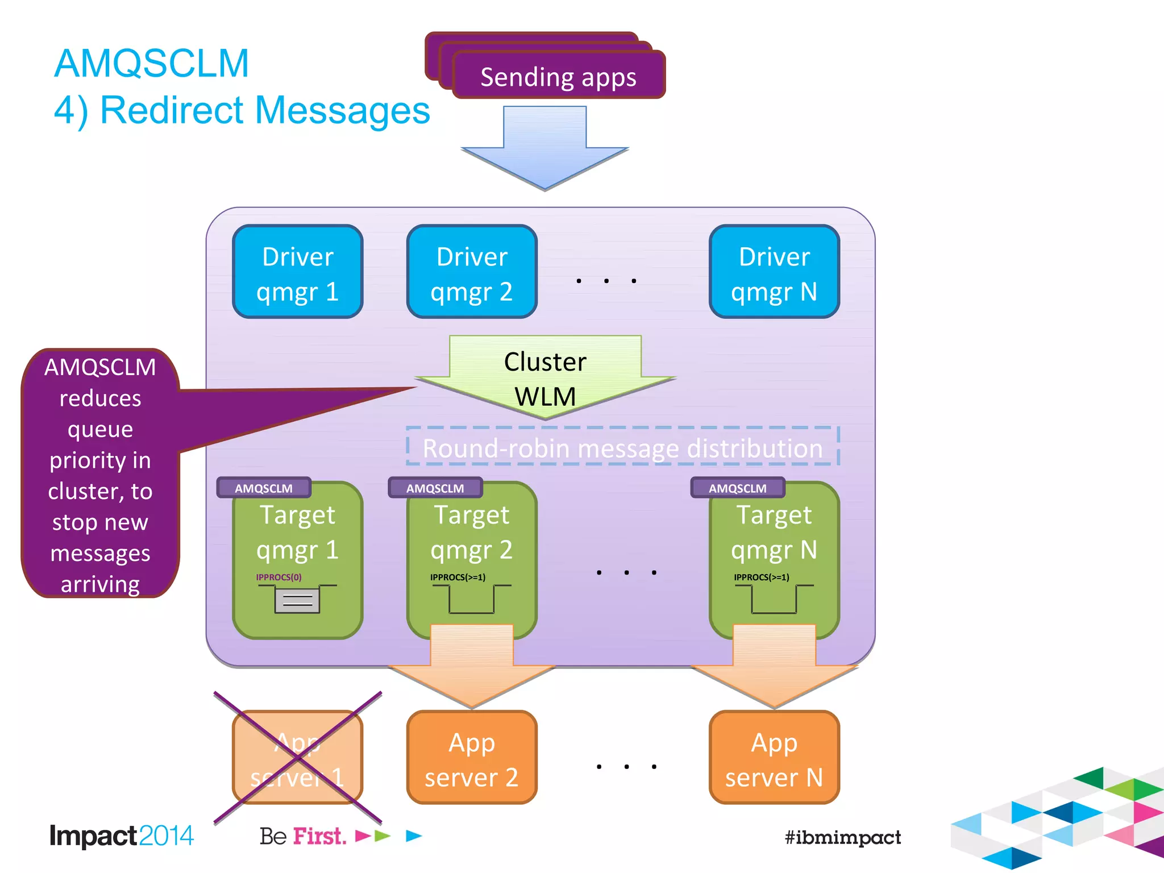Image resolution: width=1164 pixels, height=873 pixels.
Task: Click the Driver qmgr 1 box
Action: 297,272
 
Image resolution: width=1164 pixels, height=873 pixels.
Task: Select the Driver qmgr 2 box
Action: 472,272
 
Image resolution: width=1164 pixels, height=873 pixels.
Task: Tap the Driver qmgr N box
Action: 774,272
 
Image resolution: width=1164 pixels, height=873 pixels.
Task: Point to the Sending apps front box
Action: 558,76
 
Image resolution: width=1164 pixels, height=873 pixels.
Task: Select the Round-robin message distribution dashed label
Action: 622,448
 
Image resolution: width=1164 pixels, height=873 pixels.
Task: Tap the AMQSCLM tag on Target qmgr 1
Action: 264,488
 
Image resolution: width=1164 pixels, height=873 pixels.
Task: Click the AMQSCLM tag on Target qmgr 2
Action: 435,488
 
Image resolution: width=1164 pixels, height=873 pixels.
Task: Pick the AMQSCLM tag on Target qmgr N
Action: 738,488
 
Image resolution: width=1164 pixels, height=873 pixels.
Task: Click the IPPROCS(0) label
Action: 278,577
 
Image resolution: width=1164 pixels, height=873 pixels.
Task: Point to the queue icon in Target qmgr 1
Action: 297,600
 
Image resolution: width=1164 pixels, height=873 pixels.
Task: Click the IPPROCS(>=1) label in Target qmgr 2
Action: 458,577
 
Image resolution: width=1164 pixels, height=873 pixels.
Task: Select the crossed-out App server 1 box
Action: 297,758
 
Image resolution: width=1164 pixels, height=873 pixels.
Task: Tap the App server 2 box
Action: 472,758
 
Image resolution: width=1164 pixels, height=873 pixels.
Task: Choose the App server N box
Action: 774,758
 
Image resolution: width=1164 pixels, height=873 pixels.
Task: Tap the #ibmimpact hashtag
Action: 842,837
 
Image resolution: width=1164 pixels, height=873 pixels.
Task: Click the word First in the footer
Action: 319,836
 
